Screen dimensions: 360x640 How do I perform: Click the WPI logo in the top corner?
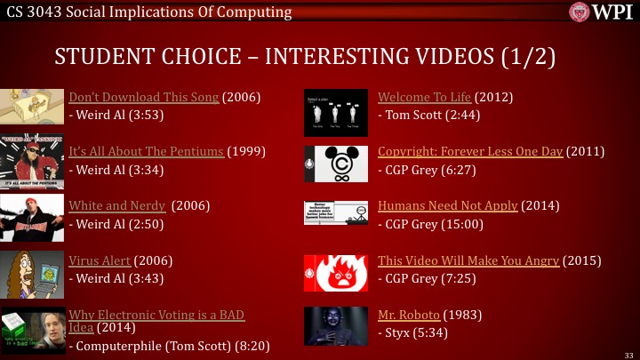[603, 12]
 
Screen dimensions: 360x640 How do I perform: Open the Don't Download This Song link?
[143, 97]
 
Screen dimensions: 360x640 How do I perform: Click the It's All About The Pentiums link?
[147, 151]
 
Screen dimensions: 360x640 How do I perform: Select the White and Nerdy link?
[117, 206]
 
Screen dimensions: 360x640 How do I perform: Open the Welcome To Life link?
[425, 97]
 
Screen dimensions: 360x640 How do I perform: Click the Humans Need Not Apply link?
[448, 206]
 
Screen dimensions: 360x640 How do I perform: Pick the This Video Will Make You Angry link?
[468, 260]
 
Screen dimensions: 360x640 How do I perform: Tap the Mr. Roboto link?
[409, 316]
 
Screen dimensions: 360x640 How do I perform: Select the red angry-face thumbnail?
[332, 273]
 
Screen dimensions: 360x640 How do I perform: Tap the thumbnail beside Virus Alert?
[32, 273]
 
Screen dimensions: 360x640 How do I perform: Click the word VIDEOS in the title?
[440, 56]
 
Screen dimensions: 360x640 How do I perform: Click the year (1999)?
[247, 151]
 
